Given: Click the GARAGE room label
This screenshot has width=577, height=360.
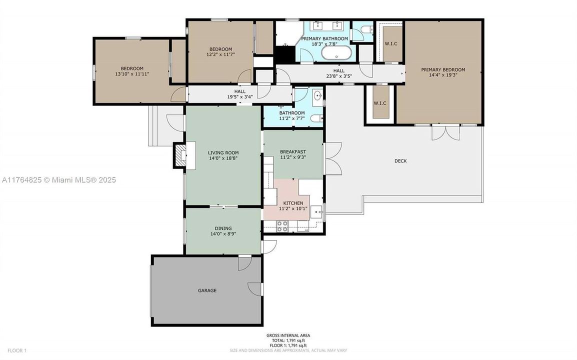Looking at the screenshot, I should pyautogui.click(x=206, y=290).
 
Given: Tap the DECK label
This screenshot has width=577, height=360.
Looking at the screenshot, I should pyautogui.click(x=400, y=161).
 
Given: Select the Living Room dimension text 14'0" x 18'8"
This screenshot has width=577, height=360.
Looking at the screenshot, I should pyautogui.click(x=223, y=158).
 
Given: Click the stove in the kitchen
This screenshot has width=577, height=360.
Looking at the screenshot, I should pyautogui.click(x=282, y=229).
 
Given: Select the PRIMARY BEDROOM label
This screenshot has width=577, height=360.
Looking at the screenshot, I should pyautogui.click(x=442, y=70).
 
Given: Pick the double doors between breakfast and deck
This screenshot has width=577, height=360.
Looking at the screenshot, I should pyautogui.click(x=332, y=158).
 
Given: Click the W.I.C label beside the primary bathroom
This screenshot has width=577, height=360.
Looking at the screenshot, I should pyautogui.click(x=390, y=44).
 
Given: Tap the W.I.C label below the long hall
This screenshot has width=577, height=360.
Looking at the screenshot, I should pyautogui.click(x=380, y=103).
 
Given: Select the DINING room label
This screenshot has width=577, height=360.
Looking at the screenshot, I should pyautogui.click(x=223, y=228).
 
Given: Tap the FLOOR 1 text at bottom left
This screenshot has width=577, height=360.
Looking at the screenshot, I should pyautogui.click(x=11, y=350).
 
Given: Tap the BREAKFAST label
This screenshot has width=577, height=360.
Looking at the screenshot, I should pyautogui.click(x=292, y=151).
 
